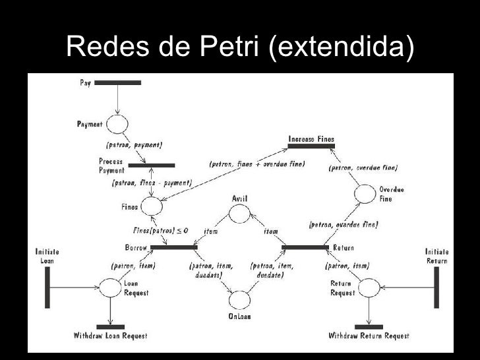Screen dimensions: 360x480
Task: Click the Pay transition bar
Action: pos(118,83)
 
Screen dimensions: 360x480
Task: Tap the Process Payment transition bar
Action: pos(152,165)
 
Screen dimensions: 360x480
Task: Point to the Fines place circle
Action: pos(152,206)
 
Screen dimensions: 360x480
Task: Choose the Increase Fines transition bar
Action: pos(311,146)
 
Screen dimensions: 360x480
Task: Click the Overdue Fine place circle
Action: pos(364,194)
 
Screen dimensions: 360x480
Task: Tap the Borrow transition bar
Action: pos(173,248)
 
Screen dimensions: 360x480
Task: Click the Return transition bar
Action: pos(305,248)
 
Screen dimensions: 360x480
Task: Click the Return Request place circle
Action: pos(369,287)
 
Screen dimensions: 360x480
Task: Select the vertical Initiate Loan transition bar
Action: pos(47,287)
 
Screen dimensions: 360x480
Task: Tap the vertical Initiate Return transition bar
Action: pos(436,287)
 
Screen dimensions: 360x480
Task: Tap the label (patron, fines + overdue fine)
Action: pos(256,164)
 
